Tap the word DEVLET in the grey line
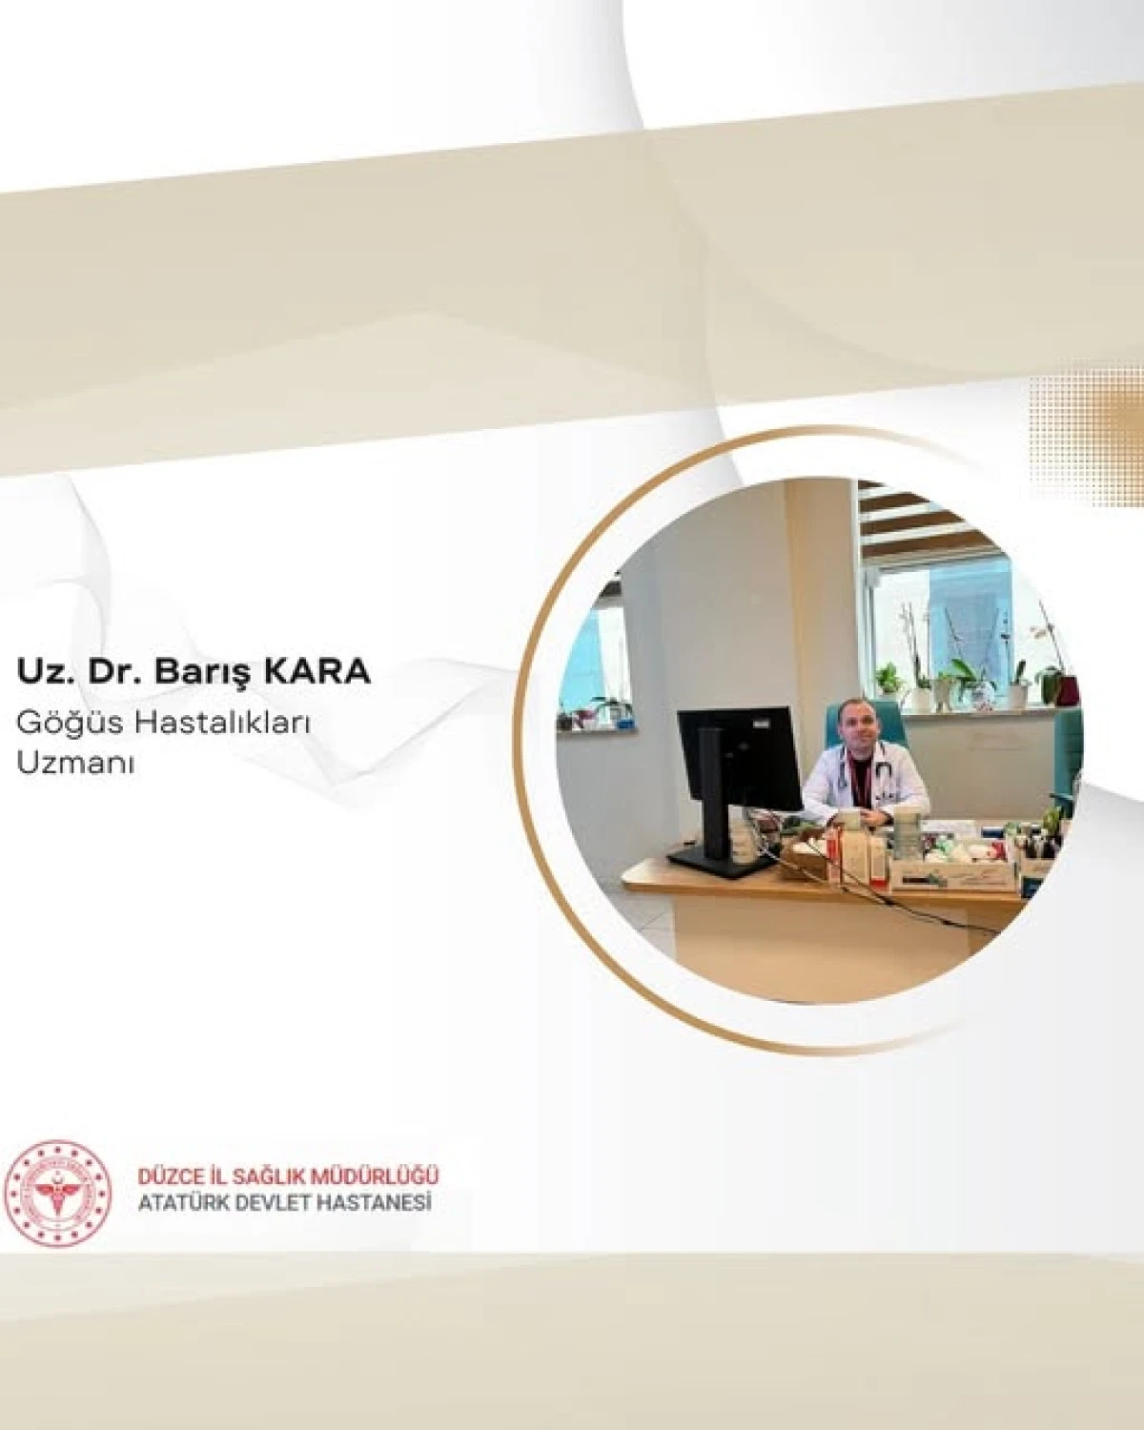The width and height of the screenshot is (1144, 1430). [276, 1204]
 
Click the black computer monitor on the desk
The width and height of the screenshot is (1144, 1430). [739, 758]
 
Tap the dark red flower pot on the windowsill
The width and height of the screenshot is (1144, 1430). [1066, 688]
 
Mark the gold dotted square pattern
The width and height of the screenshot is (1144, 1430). [1087, 419]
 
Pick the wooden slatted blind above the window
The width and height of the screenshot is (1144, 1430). [915, 520]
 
